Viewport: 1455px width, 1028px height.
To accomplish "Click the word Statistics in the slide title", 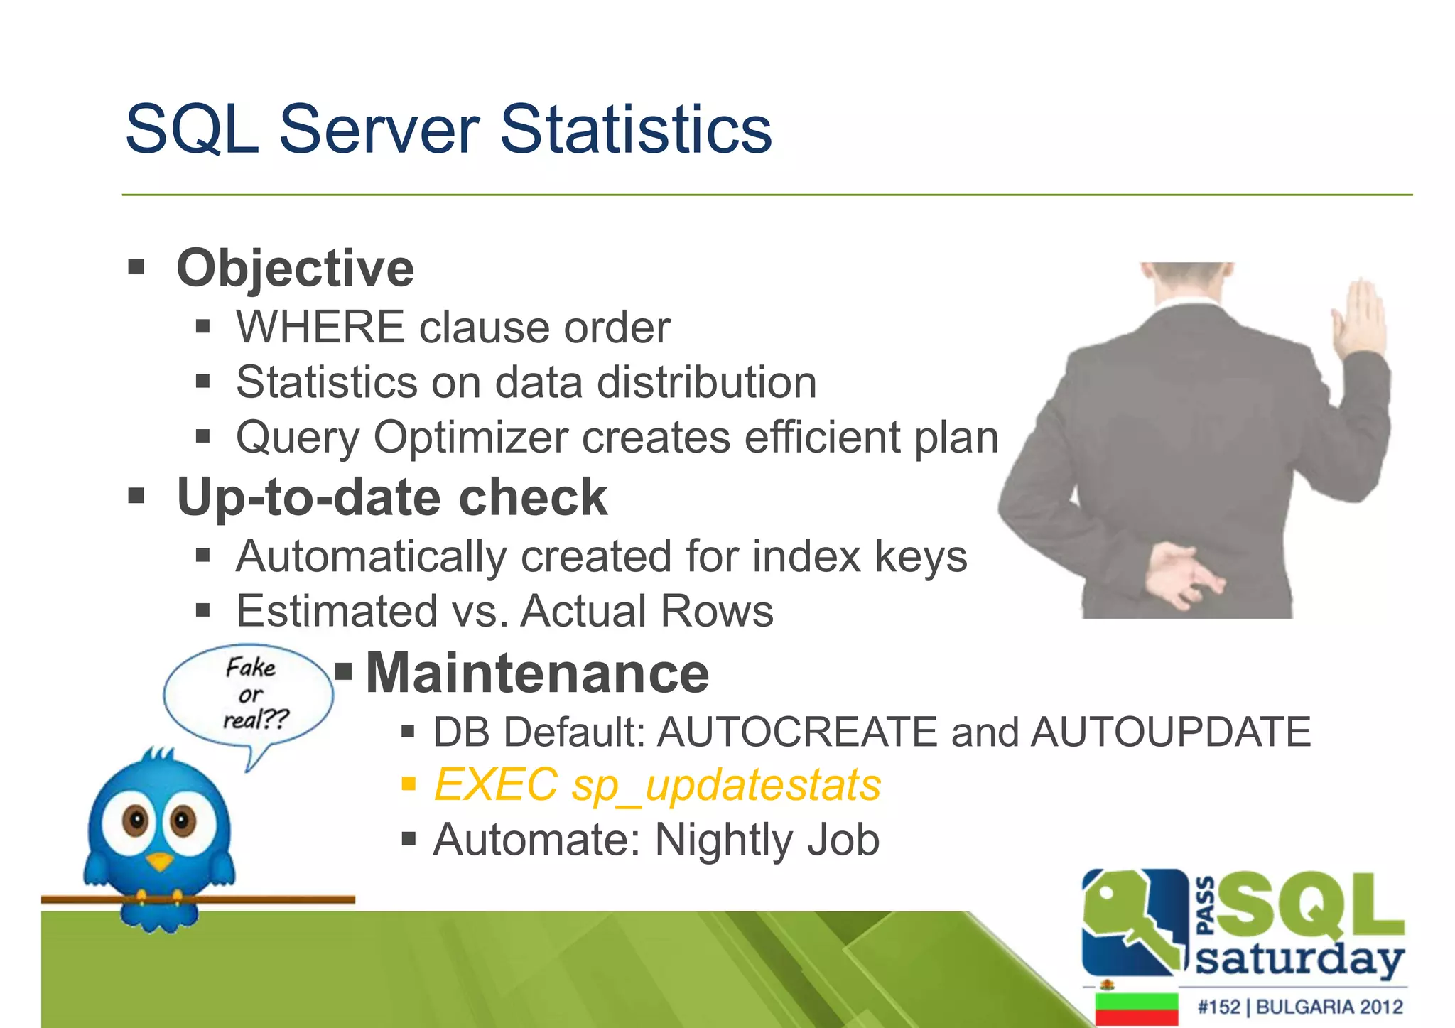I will (636, 129).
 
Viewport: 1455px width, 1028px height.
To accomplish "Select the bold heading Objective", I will (295, 269).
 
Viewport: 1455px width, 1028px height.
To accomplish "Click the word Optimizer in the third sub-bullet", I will (470, 437).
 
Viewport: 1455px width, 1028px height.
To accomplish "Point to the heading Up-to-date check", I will (391, 497).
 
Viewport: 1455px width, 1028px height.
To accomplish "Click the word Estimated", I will (337, 611).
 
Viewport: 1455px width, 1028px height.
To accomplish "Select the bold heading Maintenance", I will (537, 673).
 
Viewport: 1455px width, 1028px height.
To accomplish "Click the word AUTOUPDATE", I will (1170, 732).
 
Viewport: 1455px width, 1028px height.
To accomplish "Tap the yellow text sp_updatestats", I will (726, 786).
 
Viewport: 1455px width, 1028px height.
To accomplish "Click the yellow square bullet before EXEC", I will (408, 784).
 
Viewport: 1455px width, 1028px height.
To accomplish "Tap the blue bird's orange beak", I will (160, 862).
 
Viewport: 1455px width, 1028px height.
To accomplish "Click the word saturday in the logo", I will (1299, 961).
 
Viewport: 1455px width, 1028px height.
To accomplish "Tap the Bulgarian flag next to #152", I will (1136, 1008).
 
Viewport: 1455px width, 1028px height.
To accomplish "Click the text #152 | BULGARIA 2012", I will (1299, 1007).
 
